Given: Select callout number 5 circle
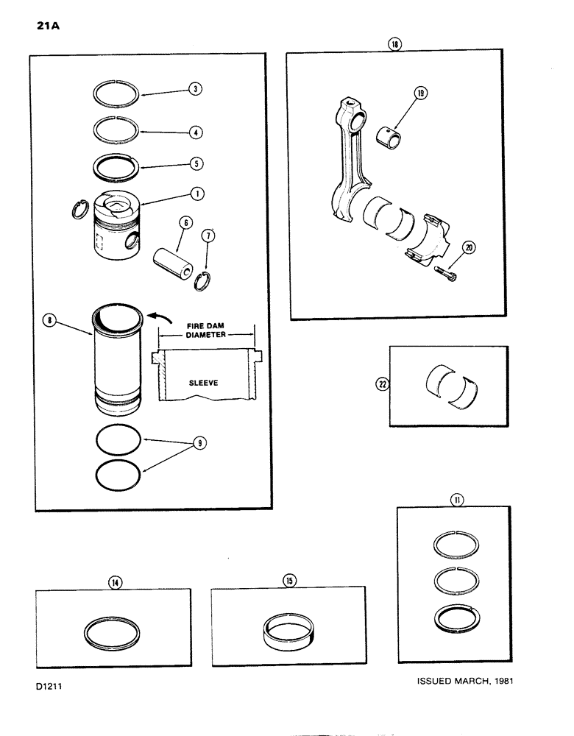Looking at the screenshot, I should pyautogui.click(x=194, y=163).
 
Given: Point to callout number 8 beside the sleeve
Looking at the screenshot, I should pyautogui.click(x=50, y=320).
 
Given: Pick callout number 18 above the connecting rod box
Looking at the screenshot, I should pyautogui.click(x=396, y=45).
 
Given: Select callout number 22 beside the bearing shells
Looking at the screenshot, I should pyautogui.click(x=382, y=383).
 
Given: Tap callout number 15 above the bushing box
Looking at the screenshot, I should pyautogui.click(x=289, y=581).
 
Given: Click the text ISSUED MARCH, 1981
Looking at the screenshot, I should pyautogui.click(x=463, y=680).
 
